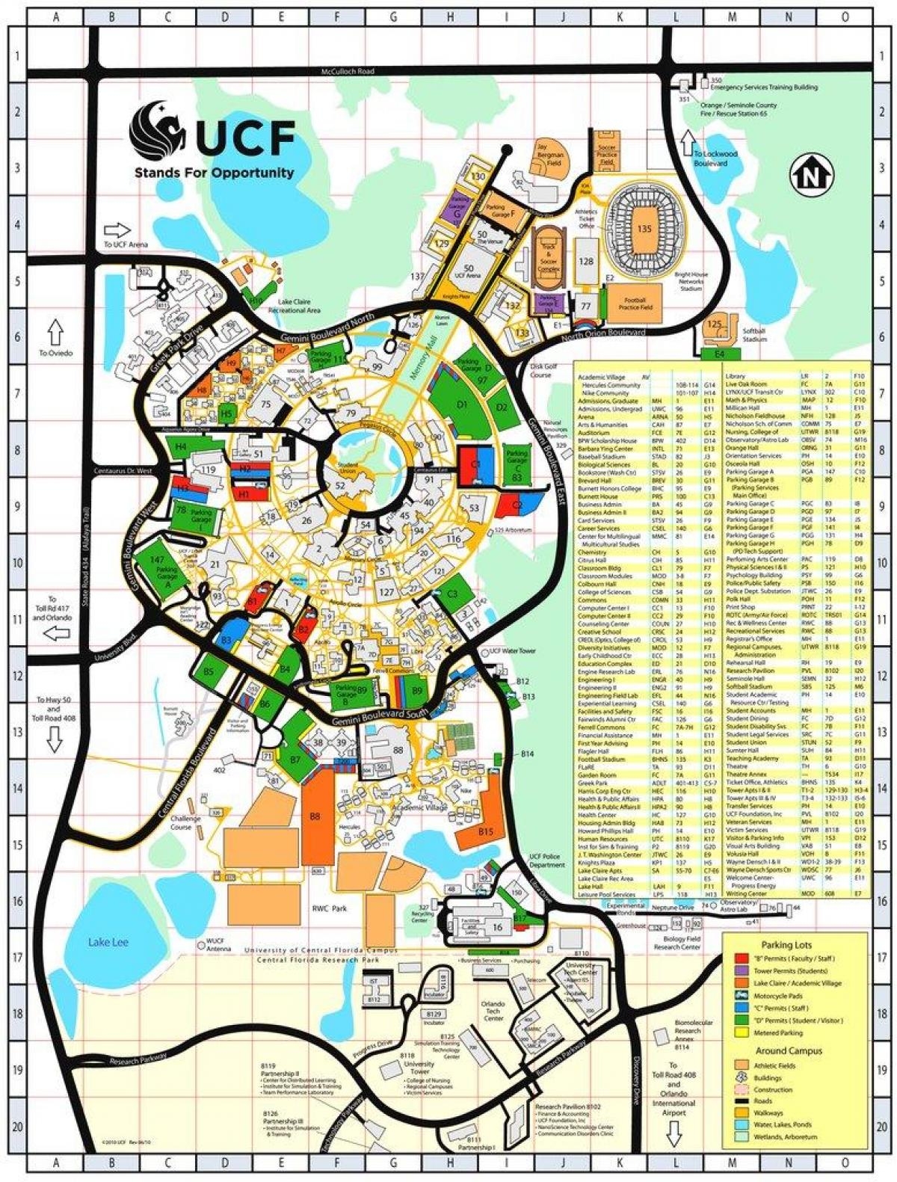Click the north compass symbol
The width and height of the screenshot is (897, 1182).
(807, 177)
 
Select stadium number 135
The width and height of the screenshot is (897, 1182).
(644, 230)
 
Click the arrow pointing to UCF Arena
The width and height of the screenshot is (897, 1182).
(118, 230)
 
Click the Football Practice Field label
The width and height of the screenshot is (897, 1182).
(636, 303)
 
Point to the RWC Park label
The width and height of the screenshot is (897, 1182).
(330, 908)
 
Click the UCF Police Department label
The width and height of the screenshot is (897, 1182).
(547, 860)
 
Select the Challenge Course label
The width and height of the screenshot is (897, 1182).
(186, 823)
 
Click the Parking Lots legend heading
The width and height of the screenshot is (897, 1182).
(787, 945)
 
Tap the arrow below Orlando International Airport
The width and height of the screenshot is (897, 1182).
(674, 1135)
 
